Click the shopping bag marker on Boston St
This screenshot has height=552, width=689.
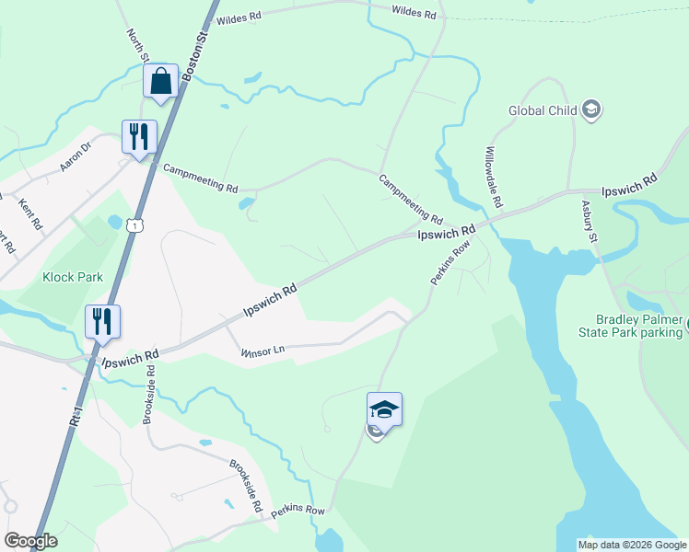point(161,81)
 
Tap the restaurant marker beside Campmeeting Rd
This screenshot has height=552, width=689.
point(139,137)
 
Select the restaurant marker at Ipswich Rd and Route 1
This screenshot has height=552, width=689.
point(102,322)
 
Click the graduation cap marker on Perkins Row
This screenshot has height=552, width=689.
point(384,409)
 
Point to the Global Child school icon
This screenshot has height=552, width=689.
point(592,111)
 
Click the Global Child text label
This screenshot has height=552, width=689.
point(543,111)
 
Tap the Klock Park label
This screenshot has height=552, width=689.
point(72,276)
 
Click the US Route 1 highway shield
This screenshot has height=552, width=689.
point(136,224)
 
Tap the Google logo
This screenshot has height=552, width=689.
point(30,541)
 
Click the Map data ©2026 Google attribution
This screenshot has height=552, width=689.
point(631,545)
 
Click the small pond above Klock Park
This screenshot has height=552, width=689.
point(114,222)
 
